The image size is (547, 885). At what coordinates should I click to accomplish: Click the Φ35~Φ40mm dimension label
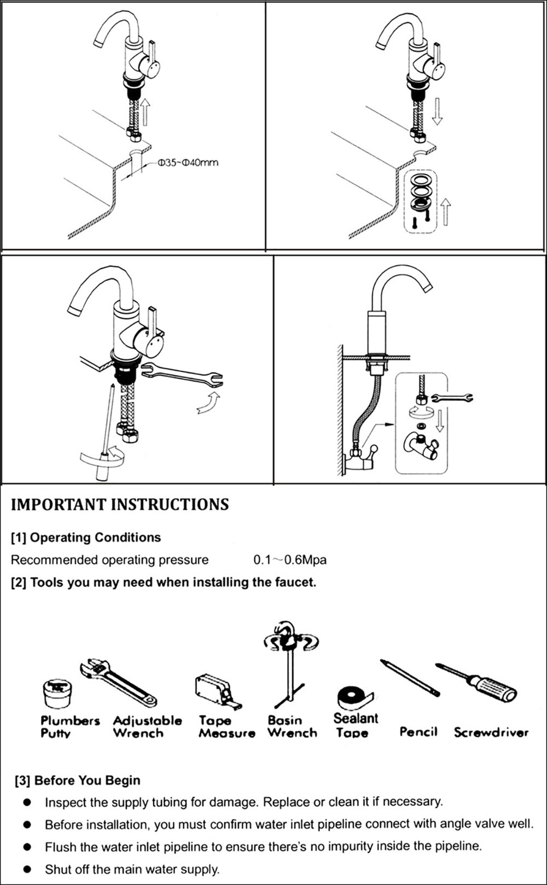pyautogui.click(x=187, y=162)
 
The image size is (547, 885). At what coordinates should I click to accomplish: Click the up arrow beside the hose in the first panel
pyautogui.click(x=145, y=112)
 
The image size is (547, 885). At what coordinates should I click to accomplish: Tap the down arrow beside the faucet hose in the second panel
pyautogui.click(x=437, y=112)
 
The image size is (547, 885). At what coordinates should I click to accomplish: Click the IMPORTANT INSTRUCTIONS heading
pyautogui.click(x=120, y=504)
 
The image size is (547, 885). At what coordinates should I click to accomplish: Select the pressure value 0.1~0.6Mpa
pyautogui.click(x=290, y=560)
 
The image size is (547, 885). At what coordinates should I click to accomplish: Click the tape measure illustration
pyautogui.click(x=216, y=691)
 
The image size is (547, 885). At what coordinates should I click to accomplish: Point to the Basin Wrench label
pyautogui.click(x=292, y=726)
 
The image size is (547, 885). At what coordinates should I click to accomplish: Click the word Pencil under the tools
pyautogui.click(x=418, y=732)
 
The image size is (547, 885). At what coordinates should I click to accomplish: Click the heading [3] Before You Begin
pyautogui.click(x=77, y=781)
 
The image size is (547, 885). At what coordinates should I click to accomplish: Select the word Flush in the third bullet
pyautogui.click(x=60, y=847)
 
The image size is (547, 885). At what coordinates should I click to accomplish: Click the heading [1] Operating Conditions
pyautogui.click(x=86, y=537)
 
